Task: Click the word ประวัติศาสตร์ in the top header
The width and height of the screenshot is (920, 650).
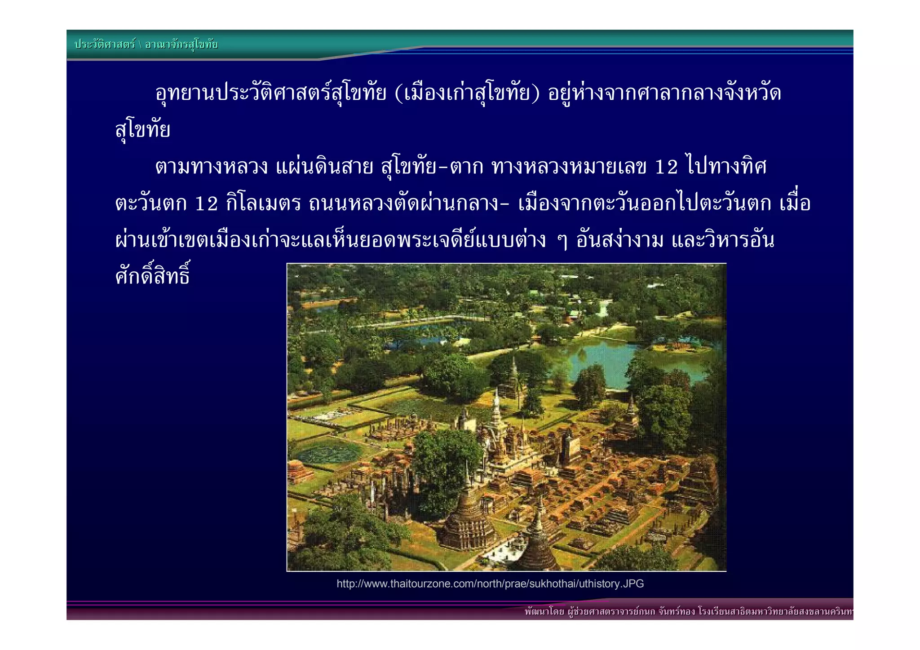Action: pos(105,44)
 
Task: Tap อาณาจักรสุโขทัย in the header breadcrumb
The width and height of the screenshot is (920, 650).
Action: pos(181,44)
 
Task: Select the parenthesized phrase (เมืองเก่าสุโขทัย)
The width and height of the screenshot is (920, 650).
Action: pos(467,93)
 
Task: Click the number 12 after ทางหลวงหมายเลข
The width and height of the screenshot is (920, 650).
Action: pos(666,167)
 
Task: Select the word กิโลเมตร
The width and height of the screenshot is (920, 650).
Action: pos(263,204)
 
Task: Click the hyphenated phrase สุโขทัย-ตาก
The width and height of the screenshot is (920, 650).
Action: pos(432,167)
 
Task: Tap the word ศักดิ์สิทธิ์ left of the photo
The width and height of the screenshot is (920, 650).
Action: pos(153,275)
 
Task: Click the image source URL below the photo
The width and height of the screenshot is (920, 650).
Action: pos(490,584)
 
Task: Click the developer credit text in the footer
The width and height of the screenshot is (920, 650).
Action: pos(687,611)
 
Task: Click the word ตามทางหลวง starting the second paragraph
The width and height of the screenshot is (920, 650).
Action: pos(211,167)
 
